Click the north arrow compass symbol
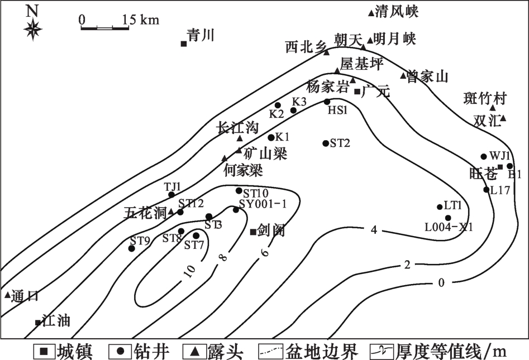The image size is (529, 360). point(33,27)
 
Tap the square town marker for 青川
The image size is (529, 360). point(183,44)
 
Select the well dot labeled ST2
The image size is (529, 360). point(326,143)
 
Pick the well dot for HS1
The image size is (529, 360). point(327,102)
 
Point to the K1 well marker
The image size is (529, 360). point(271,137)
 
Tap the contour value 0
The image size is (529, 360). point(441,282)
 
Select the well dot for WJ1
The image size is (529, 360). point(484,156)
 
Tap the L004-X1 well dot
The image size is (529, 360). point(448,218)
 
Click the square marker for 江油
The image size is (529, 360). point(38,323)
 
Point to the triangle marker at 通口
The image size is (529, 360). point(7,295)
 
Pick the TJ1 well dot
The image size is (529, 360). point(171,194)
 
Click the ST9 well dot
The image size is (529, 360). point(132,248)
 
